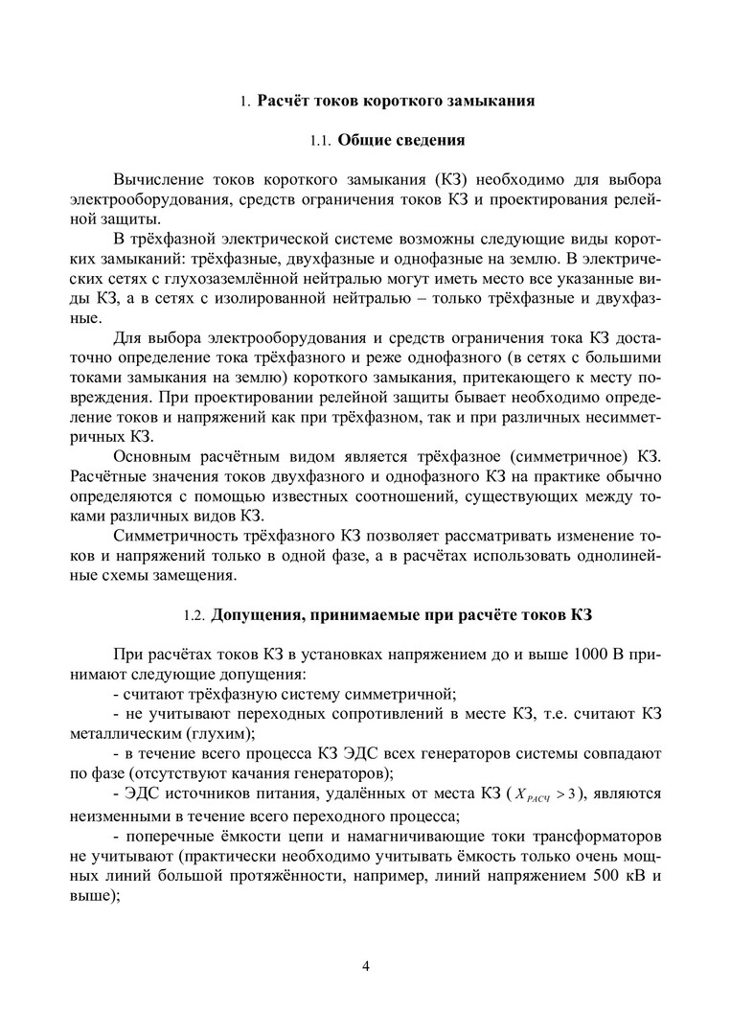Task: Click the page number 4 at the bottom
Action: (366, 964)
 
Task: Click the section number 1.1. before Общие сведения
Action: (324, 142)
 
